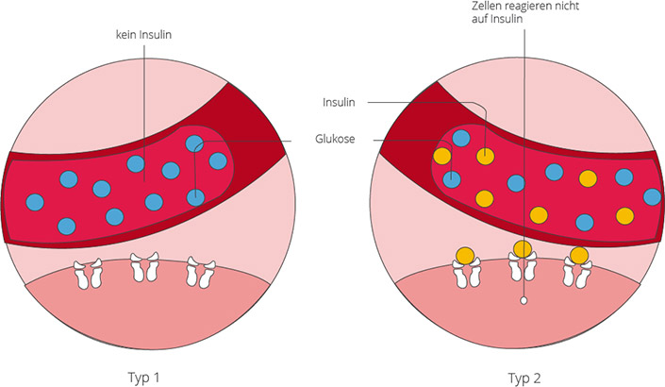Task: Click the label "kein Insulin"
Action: tap(144, 35)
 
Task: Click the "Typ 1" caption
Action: tap(146, 375)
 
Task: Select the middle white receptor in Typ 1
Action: tap(144, 267)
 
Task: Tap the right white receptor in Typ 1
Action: tap(197, 271)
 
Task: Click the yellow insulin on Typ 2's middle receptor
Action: tap(522, 248)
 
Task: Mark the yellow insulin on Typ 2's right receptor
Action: tap(578, 255)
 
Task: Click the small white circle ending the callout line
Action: tap(522, 301)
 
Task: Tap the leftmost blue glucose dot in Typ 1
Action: tap(36, 201)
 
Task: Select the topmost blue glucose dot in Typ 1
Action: tap(194, 143)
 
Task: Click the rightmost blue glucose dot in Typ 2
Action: tap(652, 196)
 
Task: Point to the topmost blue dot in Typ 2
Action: tap(461, 138)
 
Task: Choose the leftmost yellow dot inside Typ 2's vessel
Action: tap(441, 156)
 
